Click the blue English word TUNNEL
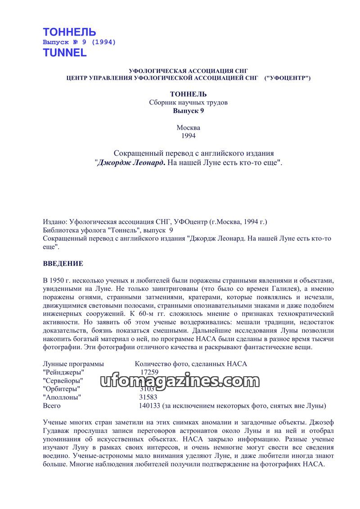(x=64, y=53)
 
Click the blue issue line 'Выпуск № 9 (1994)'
(x=79, y=42)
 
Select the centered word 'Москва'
(x=188, y=127)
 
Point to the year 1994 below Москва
(x=188, y=135)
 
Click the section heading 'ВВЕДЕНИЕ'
(x=63, y=264)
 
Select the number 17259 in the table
(x=149, y=372)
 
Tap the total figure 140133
(x=149, y=406)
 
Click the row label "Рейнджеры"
(x=63, y=372)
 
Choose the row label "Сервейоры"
(x=63, y=381)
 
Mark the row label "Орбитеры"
(x=62, y=389)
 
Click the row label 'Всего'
(x=52, y=406)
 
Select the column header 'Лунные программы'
(x=73, y=364)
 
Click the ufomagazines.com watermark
(x=178, y=382)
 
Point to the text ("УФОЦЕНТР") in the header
(x=288, y=78)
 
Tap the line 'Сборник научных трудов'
(x=188, y=102)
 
